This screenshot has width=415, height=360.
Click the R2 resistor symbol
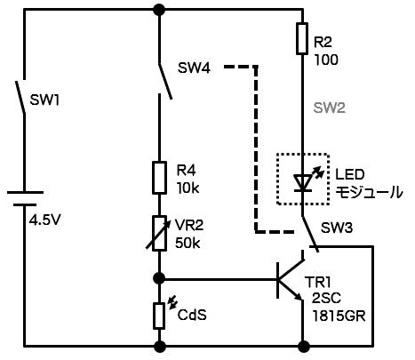tap(302, 38)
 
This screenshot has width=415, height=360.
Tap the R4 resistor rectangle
tap(159, 178)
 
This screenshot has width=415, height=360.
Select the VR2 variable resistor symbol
tap(159, 234)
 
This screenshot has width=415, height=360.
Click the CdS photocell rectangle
tap(159, 316)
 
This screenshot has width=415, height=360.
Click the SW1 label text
tap(44, 100)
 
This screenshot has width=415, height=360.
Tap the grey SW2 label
tap(330, 108)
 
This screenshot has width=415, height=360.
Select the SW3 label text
tap(337, 228)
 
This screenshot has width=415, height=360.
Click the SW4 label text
tap(194, 68)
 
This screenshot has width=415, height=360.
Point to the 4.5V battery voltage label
tap(44, 220)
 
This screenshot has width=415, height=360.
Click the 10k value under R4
tap(188, 188)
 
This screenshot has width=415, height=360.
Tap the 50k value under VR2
tap(188, 243)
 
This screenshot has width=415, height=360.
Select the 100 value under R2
tap(326, 60)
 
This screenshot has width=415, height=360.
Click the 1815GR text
tap(339, 316)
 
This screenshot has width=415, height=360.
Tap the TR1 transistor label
tap(317, 283)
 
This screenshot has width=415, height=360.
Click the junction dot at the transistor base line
tap(159, 278)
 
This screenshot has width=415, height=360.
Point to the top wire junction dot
tap(159, 10)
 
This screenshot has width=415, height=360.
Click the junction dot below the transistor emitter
tap(303, 346)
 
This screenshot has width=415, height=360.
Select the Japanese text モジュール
tap(369, 192)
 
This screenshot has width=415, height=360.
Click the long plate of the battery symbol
tap(25, 192)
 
